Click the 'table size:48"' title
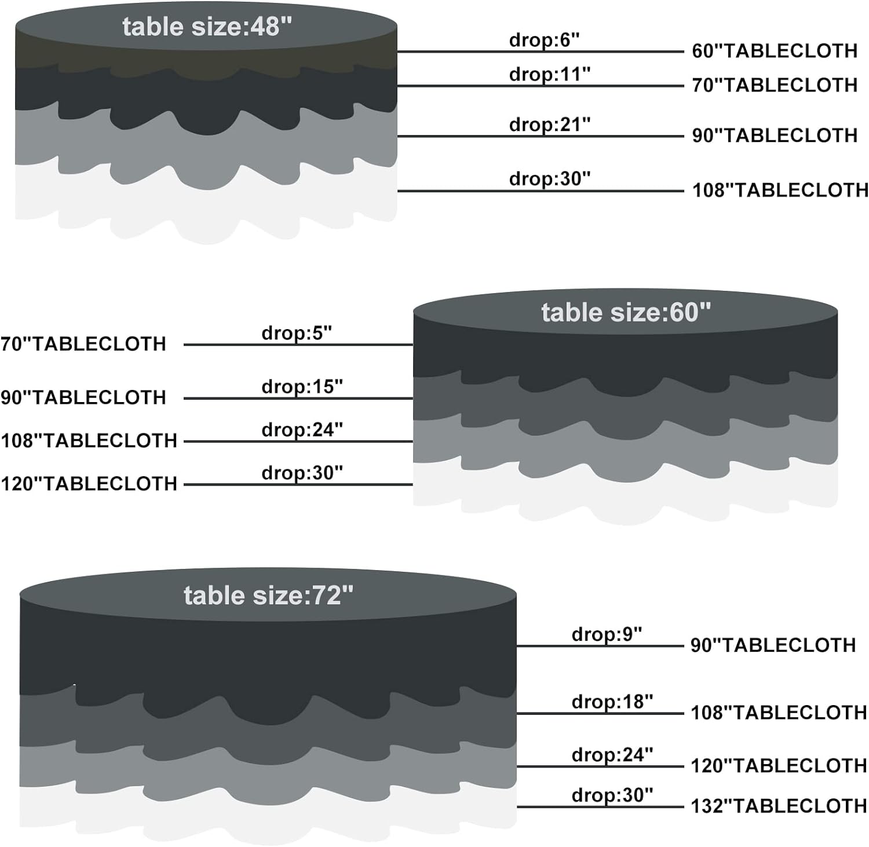[x=207, y=27]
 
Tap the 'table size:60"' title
[x=626, y=312]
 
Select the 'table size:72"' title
[x=268, y=596]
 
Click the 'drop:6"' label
[x=544, y=40]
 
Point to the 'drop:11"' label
[x=549, y=74]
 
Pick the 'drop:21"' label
[x=549, y=124]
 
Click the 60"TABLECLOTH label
[x=775, y=51]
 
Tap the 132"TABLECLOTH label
[x=779, y=806]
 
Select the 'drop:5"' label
[x=297, y=333]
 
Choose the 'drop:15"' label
[x=302, y=386]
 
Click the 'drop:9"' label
[x=607, y=634]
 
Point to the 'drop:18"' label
[x=612, y=702]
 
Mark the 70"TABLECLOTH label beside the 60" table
[x=83, y=344]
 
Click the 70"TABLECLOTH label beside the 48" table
[x=775, y=85]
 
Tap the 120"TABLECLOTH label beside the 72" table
[x=779, y=766]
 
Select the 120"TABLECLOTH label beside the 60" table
[x=89, y=484]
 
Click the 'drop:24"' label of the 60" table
[x=302, y=430]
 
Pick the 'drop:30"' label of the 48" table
[x=549, y=178]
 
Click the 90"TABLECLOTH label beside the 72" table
[x=773, y=645]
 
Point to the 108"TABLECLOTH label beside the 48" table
[x=780, y=190]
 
